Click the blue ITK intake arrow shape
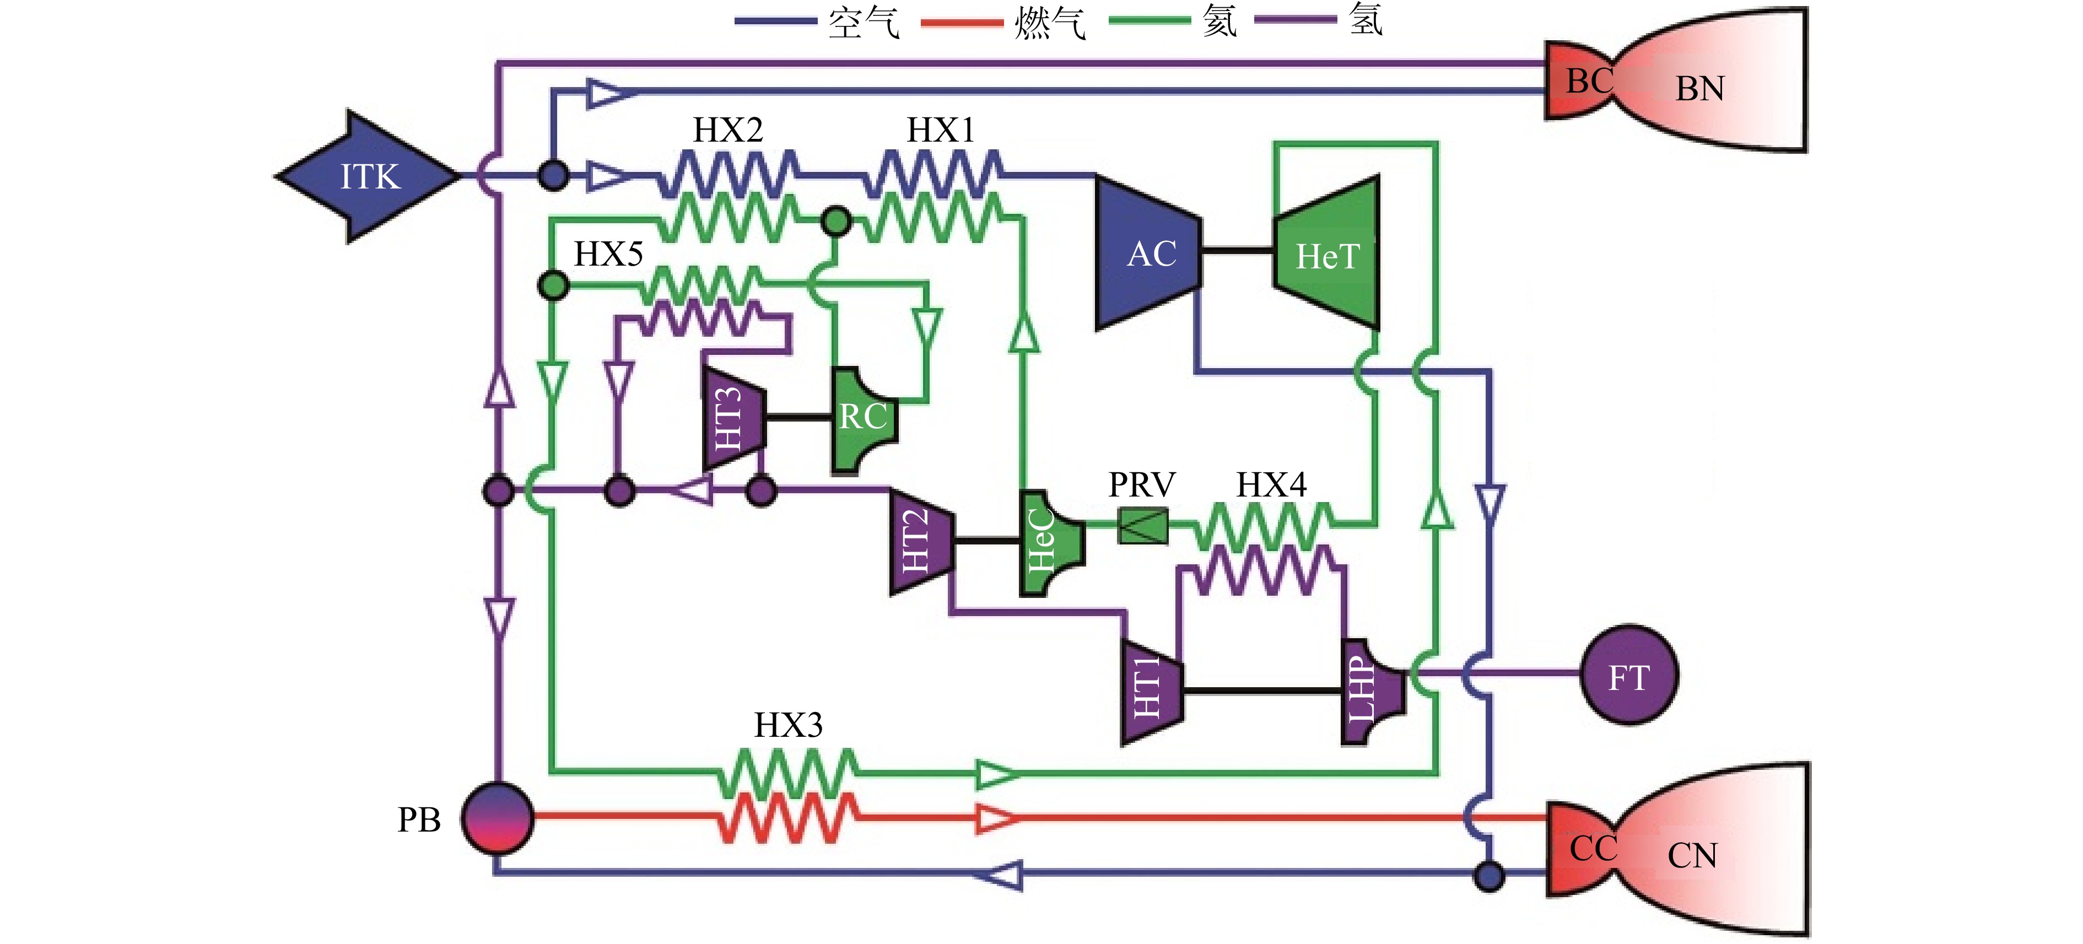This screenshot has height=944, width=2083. click(368, 176)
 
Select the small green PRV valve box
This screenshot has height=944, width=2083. click(1142, 526)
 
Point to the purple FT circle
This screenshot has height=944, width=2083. click(1628, 674)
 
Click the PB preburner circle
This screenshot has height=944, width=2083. click(497, 818)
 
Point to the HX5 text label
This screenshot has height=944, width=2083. click(608, 254)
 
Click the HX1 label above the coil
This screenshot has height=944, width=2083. click(940, 130)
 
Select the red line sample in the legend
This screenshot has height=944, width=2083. click(962, 22)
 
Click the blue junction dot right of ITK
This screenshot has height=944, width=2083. click(553, 175)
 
